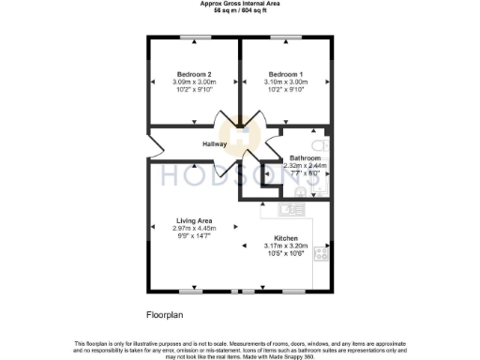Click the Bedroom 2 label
(194, 74)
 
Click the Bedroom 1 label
(285, 74)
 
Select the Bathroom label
(306, 157)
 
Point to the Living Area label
(194, 220)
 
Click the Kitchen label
(286, 238)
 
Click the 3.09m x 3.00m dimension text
(194, 82)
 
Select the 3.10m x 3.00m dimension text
(285, 82)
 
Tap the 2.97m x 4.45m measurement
(194, 228)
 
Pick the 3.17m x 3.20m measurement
(286, 246)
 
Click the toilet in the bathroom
(319, 147)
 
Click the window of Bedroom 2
(194, 37)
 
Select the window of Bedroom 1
(285, 37)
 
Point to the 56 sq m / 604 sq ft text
(240, 9)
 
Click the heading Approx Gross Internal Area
(240, 3)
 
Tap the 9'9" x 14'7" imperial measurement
(194, 235)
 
